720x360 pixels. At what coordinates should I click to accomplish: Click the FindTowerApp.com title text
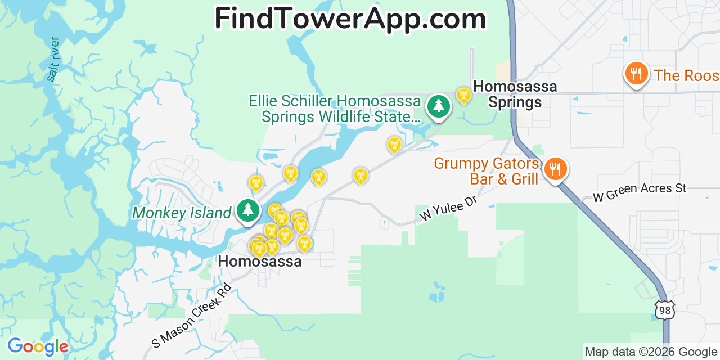[x=350, y=19]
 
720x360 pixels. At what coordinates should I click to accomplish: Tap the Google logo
[x=38, y=346]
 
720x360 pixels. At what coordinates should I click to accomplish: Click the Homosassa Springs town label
[x=515, y=94]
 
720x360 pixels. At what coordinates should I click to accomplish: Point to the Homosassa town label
[x=260, y=262]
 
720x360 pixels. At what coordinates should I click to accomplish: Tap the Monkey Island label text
[x=182, y=213]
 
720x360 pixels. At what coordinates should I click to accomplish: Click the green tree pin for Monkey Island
[x=247, y=210]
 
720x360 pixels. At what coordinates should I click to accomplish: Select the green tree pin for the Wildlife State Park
[x=438, y=106]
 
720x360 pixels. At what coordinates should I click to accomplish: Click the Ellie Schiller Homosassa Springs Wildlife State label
[x=335, y=109]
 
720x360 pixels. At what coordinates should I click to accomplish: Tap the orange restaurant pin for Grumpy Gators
[x=556, y=168]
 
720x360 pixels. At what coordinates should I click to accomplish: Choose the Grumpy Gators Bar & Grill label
[x=487, y=172]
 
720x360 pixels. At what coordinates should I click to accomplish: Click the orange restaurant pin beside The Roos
[x=636, y=74]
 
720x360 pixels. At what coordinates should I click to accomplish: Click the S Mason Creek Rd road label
[x=191, y=315]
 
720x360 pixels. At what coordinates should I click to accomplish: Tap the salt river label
[x=53, y=59]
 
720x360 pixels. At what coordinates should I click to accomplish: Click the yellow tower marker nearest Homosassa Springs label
[x=463, y=95]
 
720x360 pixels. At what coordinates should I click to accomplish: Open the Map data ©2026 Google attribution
[x=651, y=352]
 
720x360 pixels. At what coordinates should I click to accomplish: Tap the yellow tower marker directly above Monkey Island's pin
[x=256, y=183]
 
